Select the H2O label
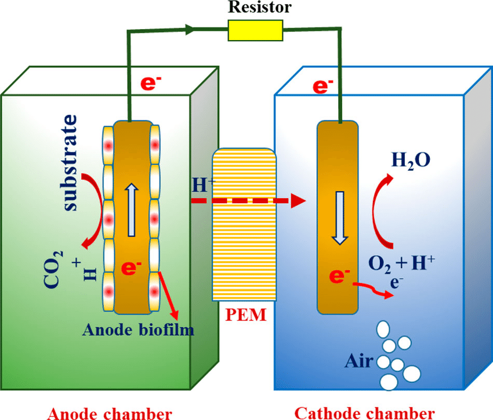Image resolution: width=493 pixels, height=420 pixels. click(x=411, y=159)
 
